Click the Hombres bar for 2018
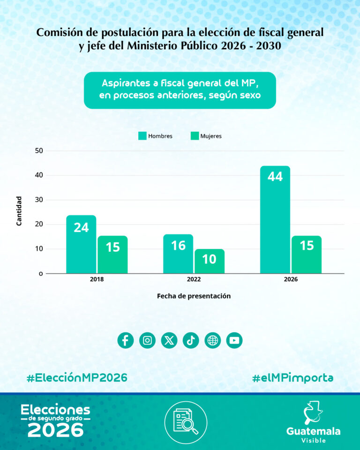coord(81,244)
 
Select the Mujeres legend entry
coord(206,136)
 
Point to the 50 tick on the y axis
coord(38,150)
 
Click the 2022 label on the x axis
coord(194,279)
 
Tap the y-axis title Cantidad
coord(19,211)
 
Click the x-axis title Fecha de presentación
coord(194,296)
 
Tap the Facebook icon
coord(125,340)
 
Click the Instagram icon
coord(147,340)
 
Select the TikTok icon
coord(191,340)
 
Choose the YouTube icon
coord(234,340)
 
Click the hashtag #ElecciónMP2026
coord(77,378)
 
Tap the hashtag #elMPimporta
coord(292,378)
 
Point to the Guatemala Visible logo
coord(313,422)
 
